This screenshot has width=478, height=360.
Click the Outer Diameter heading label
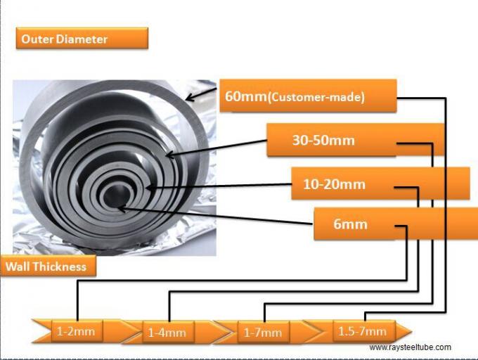pyautogui.click(x=82, y=38)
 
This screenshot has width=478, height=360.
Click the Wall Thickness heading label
pyautogui.click(x=47, y=266)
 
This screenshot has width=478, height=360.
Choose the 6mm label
pyautogui.click(x=351, y=225)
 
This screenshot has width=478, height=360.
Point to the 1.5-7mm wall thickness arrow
pyautogui.click(x=363, y=330)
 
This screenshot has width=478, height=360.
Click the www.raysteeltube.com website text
pyautogui.click(x=410, y=347)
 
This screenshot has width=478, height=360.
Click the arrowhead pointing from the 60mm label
pyautogui.click(x=189, y=98)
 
